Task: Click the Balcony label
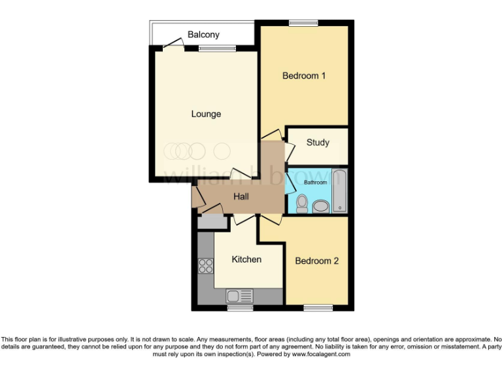[x=203, y=35]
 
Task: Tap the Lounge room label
[x=206, y=114]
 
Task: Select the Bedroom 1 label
[x=304, y=76]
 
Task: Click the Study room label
[x=318, y=143]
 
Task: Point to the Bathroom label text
[x=315, y=183]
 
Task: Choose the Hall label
[x=241, y=196]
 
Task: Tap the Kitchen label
[x=246, y=260]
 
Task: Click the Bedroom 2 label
[x=317, y=261]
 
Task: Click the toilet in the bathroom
[x=301, y=204]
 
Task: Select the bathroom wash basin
[x=321, y=207]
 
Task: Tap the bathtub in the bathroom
[x=340, y=190]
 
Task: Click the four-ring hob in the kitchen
[x=205, y=266]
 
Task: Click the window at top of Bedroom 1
[x=303, y=24]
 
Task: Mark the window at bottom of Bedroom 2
[x=318, y=307]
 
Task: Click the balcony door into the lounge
[x=172, y=44]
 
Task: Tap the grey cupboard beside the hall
[x=211, y=221]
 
